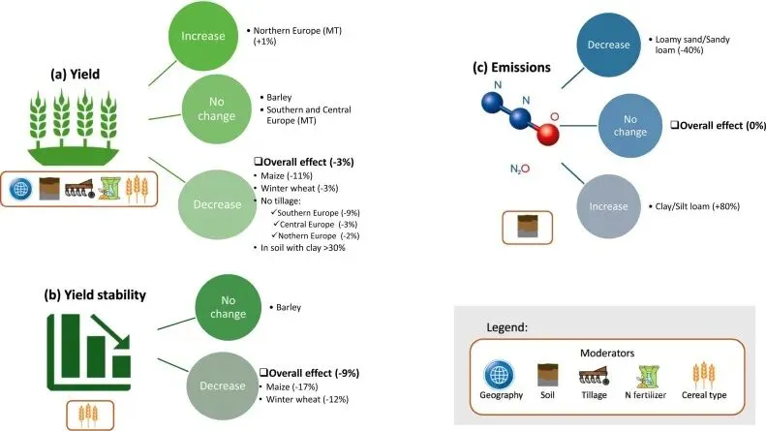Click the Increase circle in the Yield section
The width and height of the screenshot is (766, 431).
[x=203, y=36]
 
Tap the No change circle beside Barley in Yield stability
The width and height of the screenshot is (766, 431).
[x=229, y=307]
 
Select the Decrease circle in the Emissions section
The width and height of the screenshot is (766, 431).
[x=608, y=45]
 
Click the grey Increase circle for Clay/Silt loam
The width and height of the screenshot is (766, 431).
[x=608, y=206]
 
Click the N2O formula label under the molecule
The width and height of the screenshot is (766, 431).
[x=520, y=169]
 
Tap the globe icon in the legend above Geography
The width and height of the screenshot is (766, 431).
[x=499, y=375]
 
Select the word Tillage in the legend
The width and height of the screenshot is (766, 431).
[x=594, y=395]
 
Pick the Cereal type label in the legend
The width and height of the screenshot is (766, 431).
[x=704, y=395]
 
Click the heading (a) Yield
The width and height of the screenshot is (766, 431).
[x=76, y=75]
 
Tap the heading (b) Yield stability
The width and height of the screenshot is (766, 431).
[x=95, y=295]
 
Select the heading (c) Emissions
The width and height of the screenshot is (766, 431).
[x=511, y=68]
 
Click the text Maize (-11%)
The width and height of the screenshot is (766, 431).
[x=287, y=176]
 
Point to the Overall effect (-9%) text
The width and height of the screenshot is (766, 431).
[x=309, y=373]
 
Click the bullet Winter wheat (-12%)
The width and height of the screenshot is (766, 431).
[x=307, y=399]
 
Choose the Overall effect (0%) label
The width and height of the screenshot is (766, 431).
[x=719, y=126]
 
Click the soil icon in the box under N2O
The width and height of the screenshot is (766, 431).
[x=528, y=227]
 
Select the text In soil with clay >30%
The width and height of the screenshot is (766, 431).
[x=303, y=248]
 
